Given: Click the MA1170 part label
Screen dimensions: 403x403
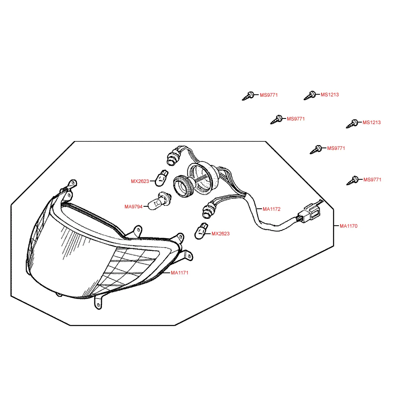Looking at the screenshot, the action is point(349,226).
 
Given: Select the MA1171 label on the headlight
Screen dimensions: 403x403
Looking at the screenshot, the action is point(180,273).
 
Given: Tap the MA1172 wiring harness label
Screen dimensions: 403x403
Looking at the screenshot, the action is point(271,209).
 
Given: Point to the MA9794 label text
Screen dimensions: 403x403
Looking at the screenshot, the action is point(133,207).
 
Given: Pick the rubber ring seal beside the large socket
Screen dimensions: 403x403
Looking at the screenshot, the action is point(183,187).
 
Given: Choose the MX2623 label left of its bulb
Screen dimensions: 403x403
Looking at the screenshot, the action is point(140,181).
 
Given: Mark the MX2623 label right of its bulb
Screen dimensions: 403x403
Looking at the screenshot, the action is point(220,234).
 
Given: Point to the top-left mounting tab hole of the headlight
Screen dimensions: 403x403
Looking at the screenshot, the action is point(73,183).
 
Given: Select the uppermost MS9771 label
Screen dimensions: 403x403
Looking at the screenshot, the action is point(269,95).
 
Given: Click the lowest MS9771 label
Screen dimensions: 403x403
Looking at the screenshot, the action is point(372,180).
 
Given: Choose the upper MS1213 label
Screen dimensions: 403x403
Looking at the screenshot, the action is point(330,95).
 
